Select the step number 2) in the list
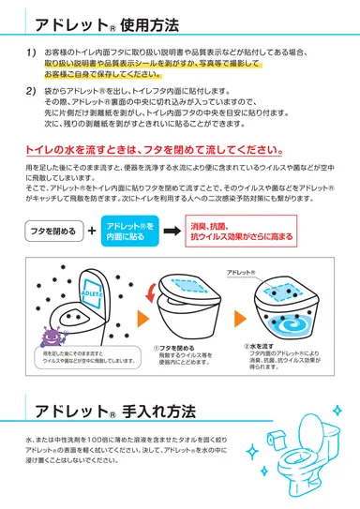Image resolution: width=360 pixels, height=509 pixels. coord(31,91)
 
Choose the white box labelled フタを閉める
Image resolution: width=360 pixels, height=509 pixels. coord(52,230)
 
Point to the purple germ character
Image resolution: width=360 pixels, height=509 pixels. coord(51,334)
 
